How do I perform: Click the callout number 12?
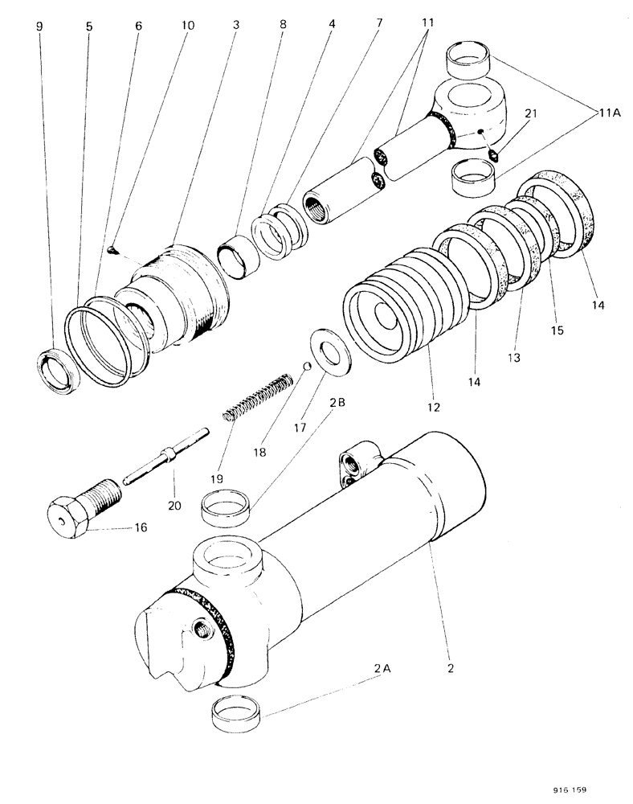[x=433, y=408]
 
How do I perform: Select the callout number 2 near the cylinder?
[x=450, y=667]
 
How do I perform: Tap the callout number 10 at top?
[x=187, y=26]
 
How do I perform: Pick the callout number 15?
[x=557, y=330]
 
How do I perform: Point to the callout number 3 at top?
[x=236, y=26]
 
